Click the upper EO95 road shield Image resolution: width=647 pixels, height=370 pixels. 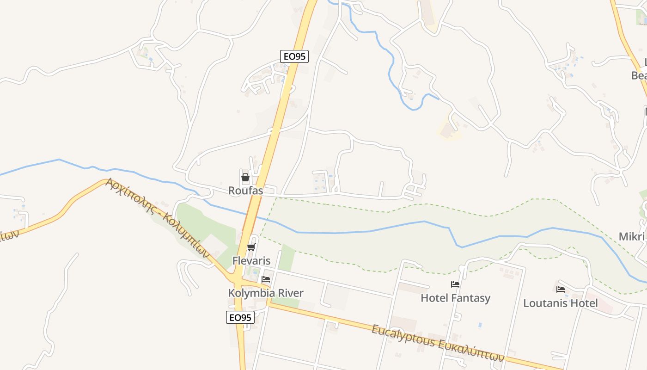point(294,56)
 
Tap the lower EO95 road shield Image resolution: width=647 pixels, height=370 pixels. point(240,317)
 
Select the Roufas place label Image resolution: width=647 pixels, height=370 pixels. point(245,191)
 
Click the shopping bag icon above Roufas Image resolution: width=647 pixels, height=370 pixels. point(245,177)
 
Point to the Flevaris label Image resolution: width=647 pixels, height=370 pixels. point(251,260)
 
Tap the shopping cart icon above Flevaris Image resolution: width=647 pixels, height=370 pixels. point(251,247)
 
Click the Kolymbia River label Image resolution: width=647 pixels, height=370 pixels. point(266,293)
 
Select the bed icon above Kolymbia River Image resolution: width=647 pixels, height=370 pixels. point(266,279)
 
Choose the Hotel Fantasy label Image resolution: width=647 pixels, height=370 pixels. point(455,298)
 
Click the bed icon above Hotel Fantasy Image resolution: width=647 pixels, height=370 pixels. point(455,284)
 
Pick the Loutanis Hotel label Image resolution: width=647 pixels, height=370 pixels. point(560,303)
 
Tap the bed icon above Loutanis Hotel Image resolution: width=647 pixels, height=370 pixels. point(561,290)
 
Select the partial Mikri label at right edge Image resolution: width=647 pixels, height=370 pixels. point(633,236)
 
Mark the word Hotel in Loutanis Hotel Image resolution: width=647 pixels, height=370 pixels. point(584,303)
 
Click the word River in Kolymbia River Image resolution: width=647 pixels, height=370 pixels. point(289,293)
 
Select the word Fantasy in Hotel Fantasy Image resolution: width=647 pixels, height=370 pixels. point(470,298)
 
